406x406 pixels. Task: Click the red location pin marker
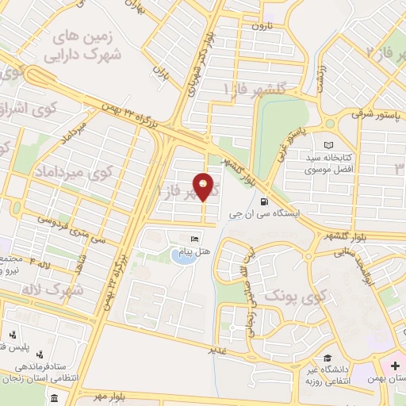click(x=204, y=187)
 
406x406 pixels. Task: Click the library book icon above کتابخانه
click(x=329, y=146)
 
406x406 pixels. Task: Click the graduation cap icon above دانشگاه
click(x=327, y=358)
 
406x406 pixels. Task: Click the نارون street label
click(x=262, y=26)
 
